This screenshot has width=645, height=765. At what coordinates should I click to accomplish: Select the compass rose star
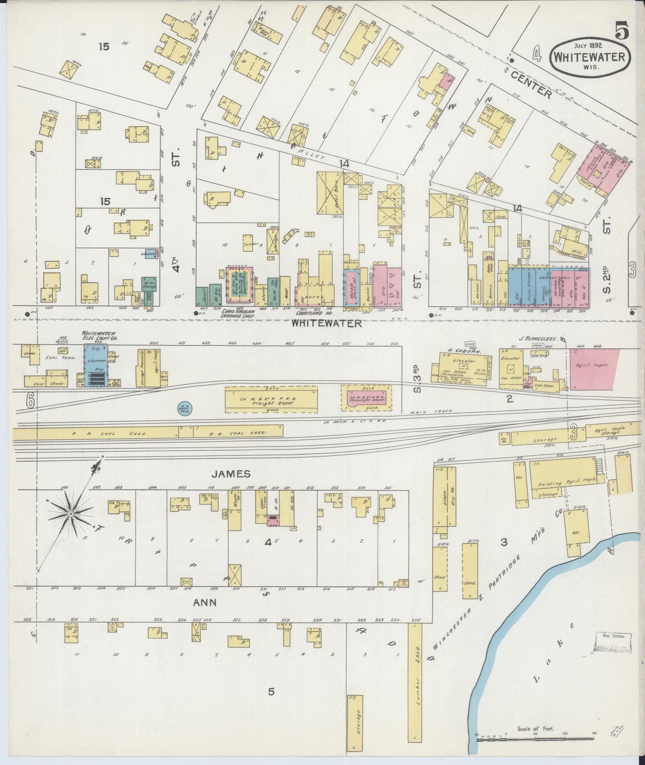[71, 515]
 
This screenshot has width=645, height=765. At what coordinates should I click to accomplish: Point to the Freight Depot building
[271, 399]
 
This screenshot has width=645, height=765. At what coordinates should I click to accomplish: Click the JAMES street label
[231, 474]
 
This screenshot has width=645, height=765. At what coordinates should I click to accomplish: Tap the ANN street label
[204, 603]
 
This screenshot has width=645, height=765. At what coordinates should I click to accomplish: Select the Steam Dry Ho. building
[445, 502]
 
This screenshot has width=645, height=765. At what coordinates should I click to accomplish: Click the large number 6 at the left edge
[30, 401]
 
